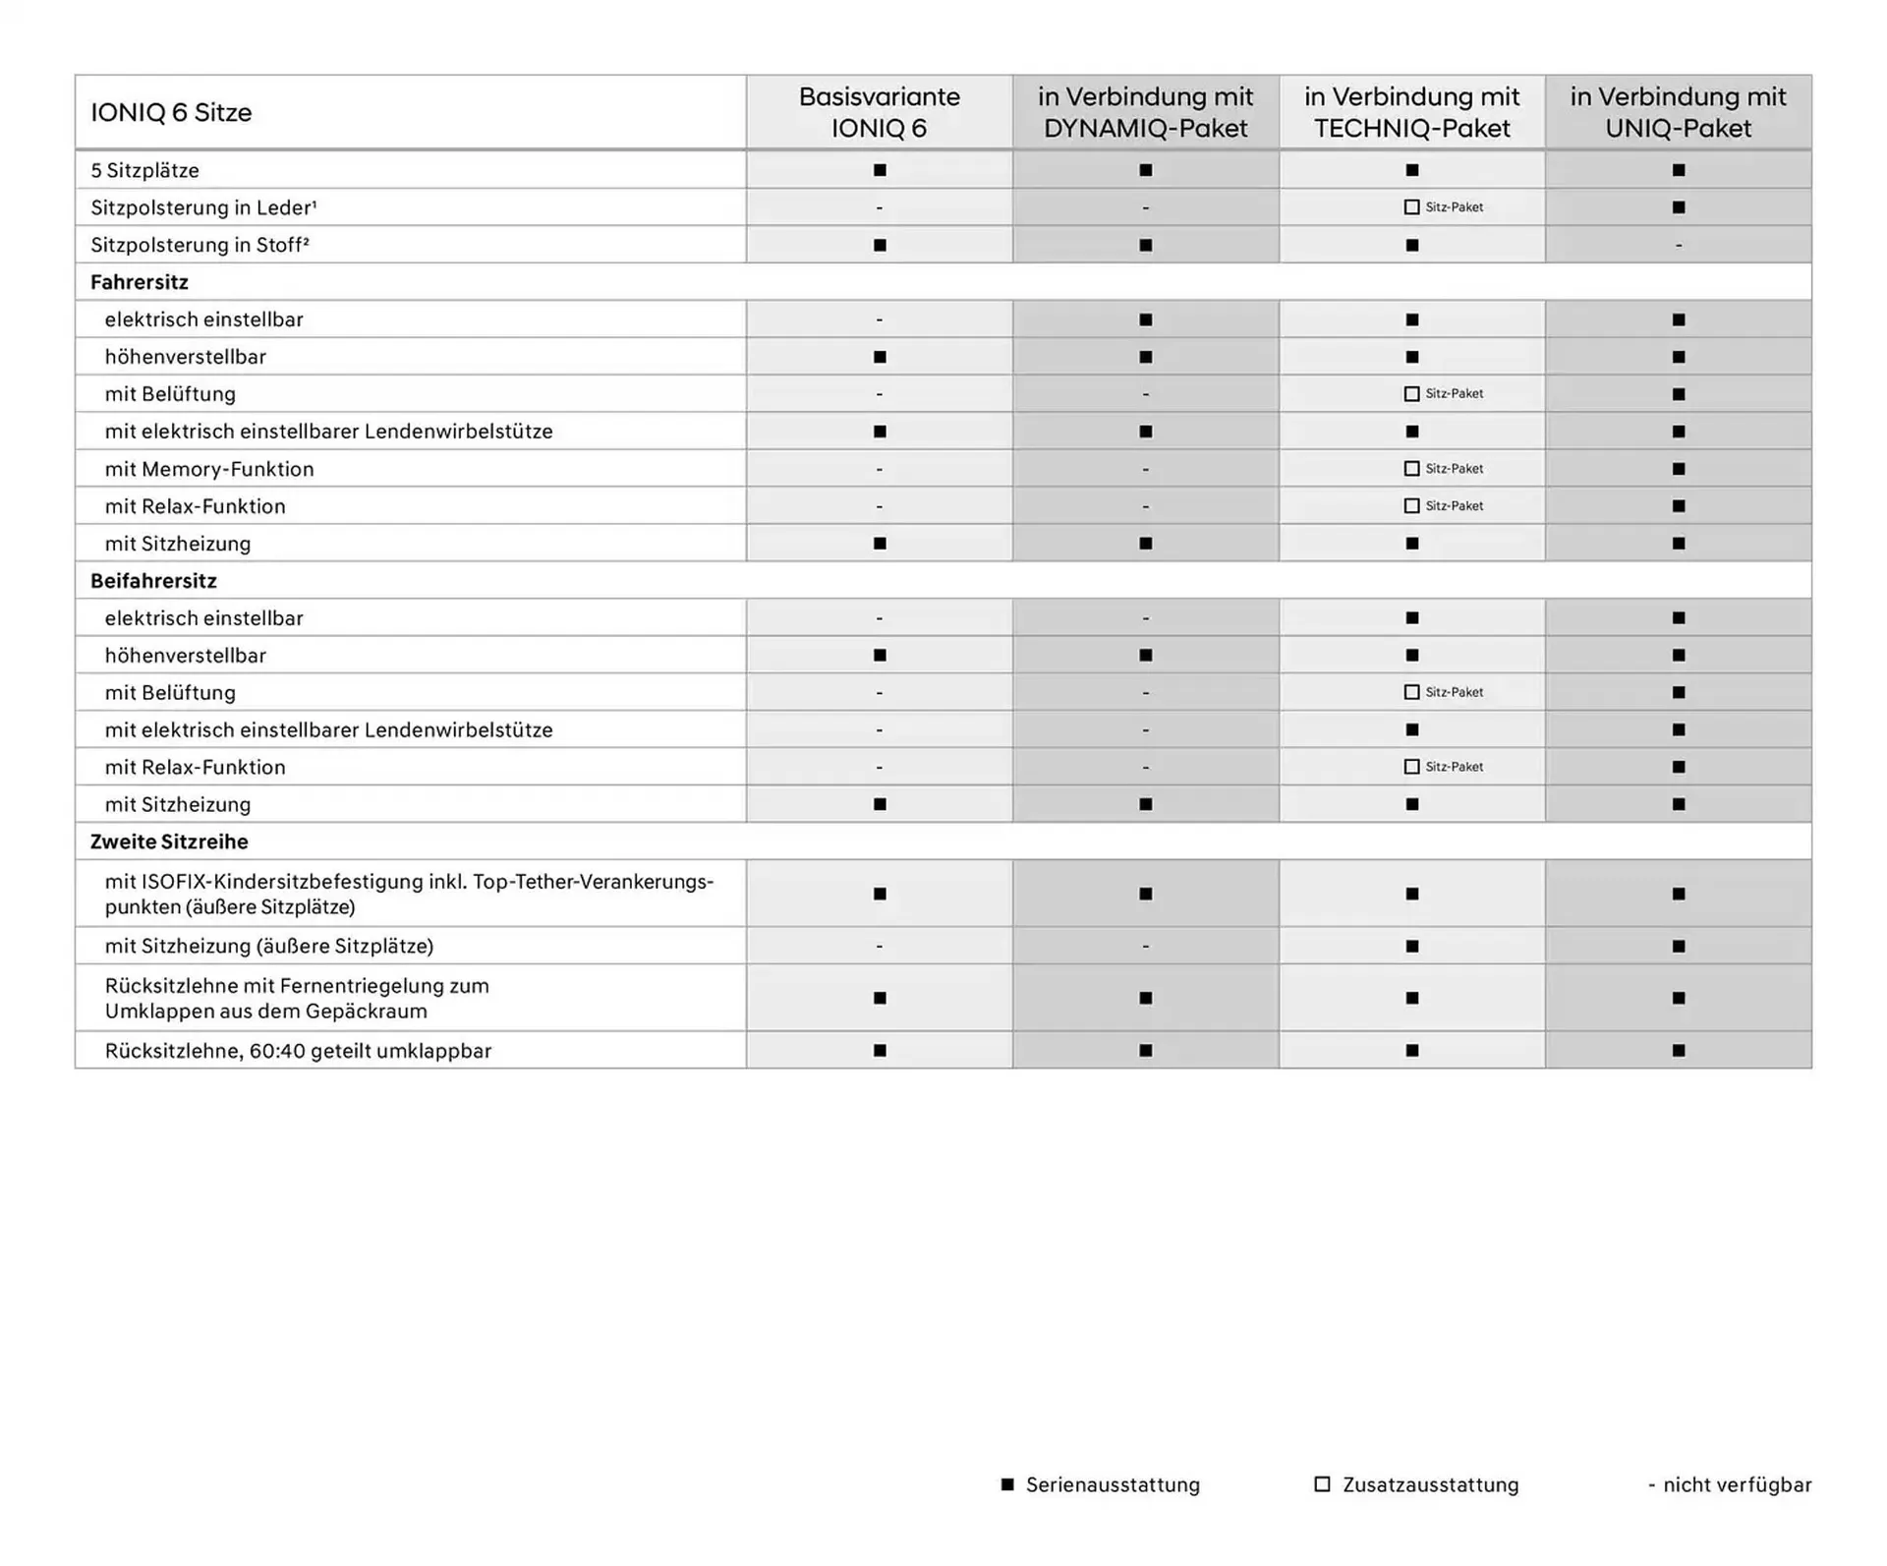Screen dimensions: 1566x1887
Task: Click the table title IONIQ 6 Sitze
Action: (x=171, y=112)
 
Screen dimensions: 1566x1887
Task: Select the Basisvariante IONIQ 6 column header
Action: (x=879, y=112)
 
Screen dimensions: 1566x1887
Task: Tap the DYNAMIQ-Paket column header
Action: (x=1145, y=112)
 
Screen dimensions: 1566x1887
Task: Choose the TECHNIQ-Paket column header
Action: (x=1411, y=112)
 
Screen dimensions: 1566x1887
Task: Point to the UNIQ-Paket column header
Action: (x=1678, y=112)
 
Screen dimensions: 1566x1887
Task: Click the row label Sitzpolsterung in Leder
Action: (x=203, y=207)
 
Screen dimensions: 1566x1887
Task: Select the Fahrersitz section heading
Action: (x=140, y=282)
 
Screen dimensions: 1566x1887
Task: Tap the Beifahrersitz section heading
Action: (x=153, y=581)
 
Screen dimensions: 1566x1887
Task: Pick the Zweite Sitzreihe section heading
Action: (x=169, y=841)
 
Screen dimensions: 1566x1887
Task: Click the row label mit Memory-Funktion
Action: (x=209, y=469)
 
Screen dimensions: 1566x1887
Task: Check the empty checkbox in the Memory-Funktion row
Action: (x=1412, y=469)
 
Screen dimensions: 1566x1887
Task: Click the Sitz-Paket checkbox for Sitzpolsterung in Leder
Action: (x=1412, y=207)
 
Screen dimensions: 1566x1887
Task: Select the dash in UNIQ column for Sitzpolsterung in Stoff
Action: (x=1678, y=245)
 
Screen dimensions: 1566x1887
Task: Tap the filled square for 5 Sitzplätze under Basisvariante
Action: (x=880, y=170)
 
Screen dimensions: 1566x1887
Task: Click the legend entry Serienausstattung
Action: (x=1112, y=1484)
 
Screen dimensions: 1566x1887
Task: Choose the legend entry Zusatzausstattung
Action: (x=1429, y=1484)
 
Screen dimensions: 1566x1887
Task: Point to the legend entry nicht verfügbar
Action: (x=1736, y=1484)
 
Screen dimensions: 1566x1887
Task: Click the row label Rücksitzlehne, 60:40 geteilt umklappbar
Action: (x=298, y=1051)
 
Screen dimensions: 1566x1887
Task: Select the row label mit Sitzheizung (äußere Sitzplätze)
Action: (x=269, y=946)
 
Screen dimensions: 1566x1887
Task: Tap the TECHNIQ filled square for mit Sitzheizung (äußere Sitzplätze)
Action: (x=1412, y=946)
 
